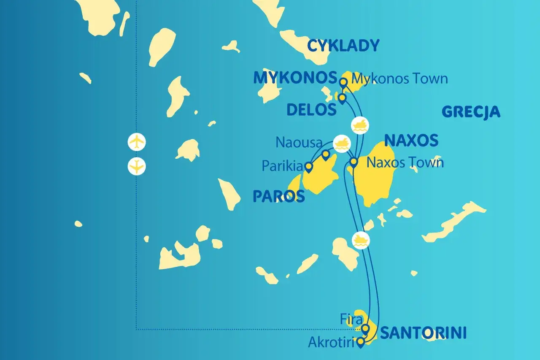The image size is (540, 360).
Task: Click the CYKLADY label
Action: (x=343, y=46)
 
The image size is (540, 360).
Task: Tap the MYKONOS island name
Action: (x=295, y=78)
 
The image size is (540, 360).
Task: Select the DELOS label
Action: (x=311, y=110)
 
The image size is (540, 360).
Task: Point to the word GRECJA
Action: (x=471, y=112)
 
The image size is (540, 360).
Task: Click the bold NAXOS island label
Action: (x=411, y=141)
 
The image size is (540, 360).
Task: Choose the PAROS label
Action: (x=278, y=196)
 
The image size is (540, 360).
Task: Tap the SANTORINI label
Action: (x=424, y=333)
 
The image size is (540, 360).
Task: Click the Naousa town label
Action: (x=299, y=143)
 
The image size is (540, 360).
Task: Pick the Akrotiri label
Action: (x=330, y=342)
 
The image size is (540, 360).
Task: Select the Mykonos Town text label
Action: (x=400, y=78)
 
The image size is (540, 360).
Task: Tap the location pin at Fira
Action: (x=366, y=328)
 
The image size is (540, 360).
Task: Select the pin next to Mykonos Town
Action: (x=343, y=82)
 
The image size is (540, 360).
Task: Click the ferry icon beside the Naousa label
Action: (x=342, y=143)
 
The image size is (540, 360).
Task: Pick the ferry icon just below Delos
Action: (x=360, y=125)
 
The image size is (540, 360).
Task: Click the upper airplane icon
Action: (x=137, y=142)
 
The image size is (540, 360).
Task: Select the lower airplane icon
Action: (x=137, y=166)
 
